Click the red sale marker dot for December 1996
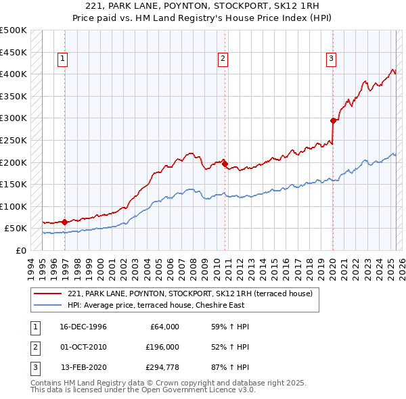tap(64, 222)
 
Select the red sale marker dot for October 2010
tap(224, 163)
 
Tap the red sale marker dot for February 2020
tap(333, 121)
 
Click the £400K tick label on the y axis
tap(14, 74)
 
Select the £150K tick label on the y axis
tap(14, 184)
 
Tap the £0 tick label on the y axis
tap(20, 250)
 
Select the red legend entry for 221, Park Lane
tap(189, 294)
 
